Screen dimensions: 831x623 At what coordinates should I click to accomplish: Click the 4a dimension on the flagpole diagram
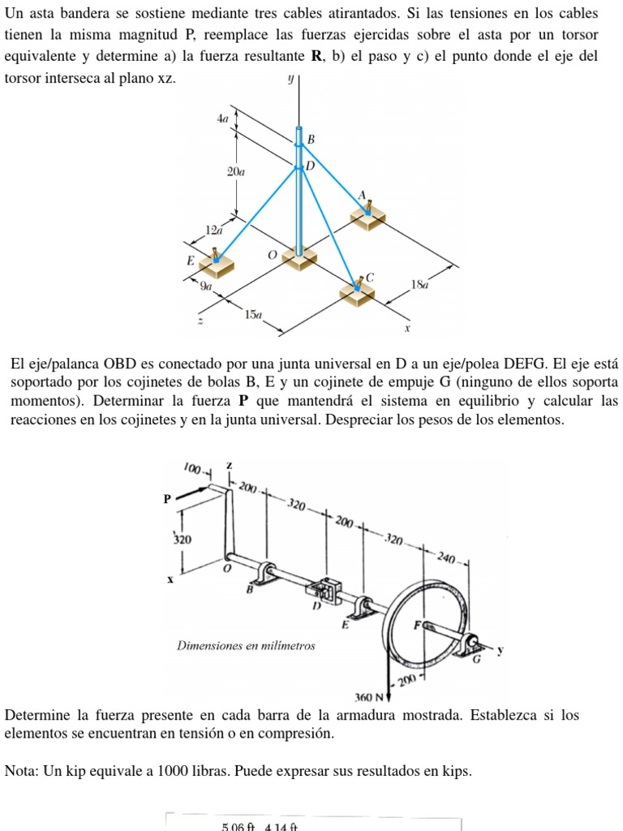(x=223, y=118)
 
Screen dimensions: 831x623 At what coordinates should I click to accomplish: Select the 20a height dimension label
(x=236, y=172)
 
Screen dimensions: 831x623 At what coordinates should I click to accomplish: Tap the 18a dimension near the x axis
(x=419, y=285)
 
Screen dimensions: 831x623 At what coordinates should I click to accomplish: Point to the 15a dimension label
(x=254, y=314)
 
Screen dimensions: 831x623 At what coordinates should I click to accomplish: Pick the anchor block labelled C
(x=357, y=291)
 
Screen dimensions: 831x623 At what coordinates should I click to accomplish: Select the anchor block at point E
(x=217, y=263)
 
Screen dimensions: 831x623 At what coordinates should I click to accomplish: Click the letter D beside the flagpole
(x=309, y=166)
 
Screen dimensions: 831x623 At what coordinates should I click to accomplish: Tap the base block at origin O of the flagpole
(x=299, y=259)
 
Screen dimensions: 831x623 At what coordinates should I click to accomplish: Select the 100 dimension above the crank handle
(x=191, y=468)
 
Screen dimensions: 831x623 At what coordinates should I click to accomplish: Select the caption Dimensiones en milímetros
(x=246, y=646)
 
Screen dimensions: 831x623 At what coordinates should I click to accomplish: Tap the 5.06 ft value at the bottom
(x=238, y=826)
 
